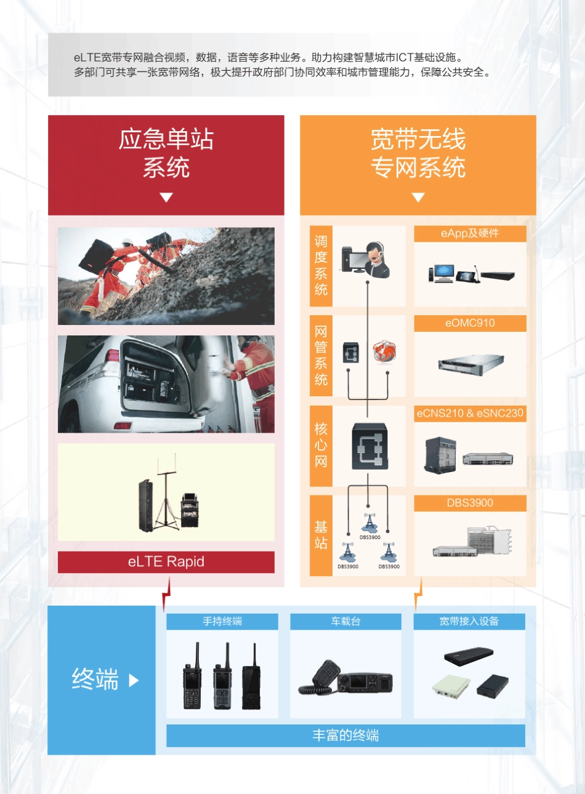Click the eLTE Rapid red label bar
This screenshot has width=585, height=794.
click(166, 562)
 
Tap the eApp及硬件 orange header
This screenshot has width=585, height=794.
click(470, 233)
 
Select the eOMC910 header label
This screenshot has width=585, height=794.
click(470, 323)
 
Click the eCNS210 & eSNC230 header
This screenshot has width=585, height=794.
click(470, 413)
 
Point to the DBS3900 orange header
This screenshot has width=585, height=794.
click(470, 503)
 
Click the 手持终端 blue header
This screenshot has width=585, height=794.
click(222, 622)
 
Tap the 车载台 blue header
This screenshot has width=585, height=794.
click(345, 622)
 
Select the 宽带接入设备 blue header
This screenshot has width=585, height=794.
click(469, 622)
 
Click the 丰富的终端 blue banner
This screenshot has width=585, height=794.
click(345, 736)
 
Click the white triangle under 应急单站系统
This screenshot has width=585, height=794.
click(166, 198)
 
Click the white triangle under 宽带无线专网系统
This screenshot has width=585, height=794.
click(418, 198)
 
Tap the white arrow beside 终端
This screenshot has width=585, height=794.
click(134, 681)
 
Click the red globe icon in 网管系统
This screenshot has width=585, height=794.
click(384, 352)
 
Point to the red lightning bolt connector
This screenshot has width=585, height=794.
click(166, 595)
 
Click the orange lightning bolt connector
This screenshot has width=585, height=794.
click(419, 595)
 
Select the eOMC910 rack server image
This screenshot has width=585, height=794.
click(470, 363)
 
